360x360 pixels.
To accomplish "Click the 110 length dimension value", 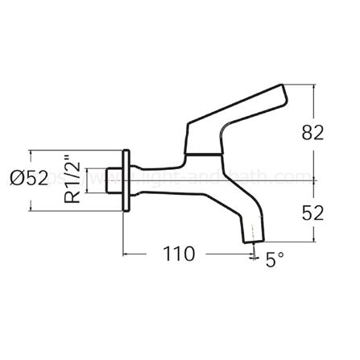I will tap(177, 254).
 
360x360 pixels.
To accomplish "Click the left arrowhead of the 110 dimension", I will tap(127, 255).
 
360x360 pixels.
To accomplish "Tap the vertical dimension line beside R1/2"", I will tap(89, 180).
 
